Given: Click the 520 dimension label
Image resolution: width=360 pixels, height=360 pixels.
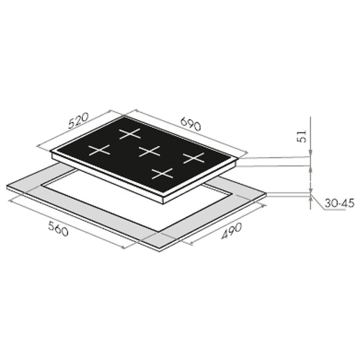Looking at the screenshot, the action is [x=78, y=120].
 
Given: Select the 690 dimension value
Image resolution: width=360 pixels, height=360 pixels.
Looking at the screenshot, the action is [x=190, y=124].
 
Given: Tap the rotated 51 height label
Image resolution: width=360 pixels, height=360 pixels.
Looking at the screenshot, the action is [x=302, y=136].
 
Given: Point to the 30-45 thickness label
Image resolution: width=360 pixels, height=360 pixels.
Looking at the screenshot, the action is [x=339, y=203].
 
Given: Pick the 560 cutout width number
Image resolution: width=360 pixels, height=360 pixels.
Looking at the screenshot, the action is [x=58, y=228].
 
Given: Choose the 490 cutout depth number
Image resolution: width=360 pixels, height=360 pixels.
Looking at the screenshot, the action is [x=231, y=231].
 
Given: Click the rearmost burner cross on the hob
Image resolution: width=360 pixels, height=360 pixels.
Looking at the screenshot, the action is [x=130, y=133].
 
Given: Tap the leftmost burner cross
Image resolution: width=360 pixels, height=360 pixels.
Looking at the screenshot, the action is [x=99, y=150].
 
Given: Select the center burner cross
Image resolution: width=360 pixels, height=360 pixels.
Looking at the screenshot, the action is [x=149, y=151].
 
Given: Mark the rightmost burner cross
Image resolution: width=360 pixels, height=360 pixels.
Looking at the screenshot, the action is [x=194, y=158].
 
